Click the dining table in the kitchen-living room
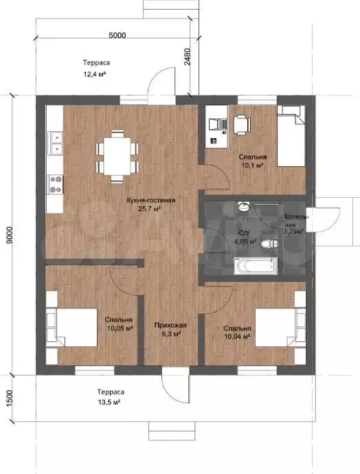117,156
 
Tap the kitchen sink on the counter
56,143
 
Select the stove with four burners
56,184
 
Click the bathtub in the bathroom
256,266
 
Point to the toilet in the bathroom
269,244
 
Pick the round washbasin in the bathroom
244,207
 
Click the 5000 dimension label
117,35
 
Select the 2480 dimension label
188,57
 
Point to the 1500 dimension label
10,398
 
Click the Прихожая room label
170,325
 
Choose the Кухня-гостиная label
151,200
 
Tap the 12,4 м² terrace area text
94,74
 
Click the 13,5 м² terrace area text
109,402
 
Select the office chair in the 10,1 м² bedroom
242,124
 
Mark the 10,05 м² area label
120,328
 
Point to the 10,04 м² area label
237,337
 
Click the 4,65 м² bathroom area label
245,242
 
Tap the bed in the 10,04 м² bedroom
280,327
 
